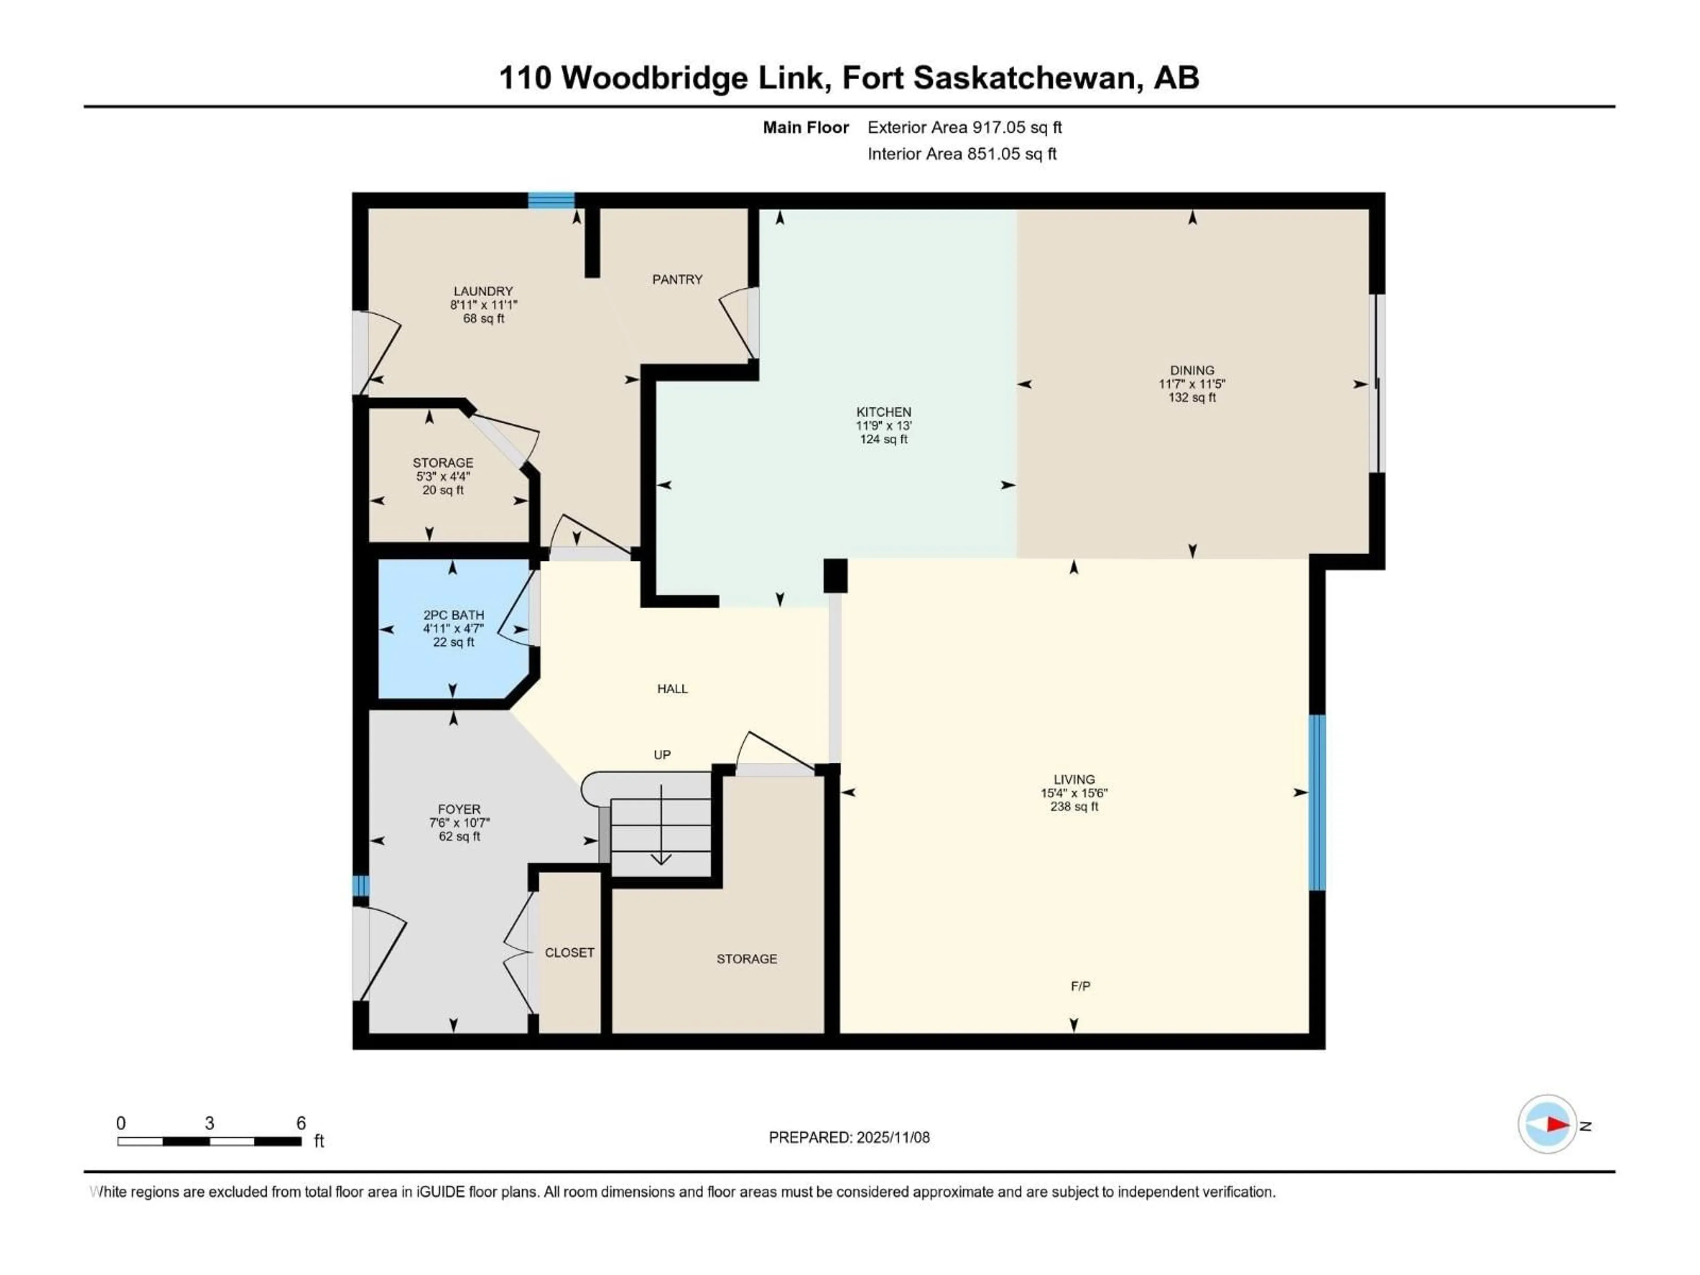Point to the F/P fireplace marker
pos(1080,986)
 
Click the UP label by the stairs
pos(662,755)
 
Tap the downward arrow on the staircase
pos(661,857)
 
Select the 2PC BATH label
pos(453,615)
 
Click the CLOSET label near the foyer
pos(569,952)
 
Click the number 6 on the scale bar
pos(301,1123)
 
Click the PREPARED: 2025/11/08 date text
pos(849,1137)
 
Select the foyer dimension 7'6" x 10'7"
pos(459,823)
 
